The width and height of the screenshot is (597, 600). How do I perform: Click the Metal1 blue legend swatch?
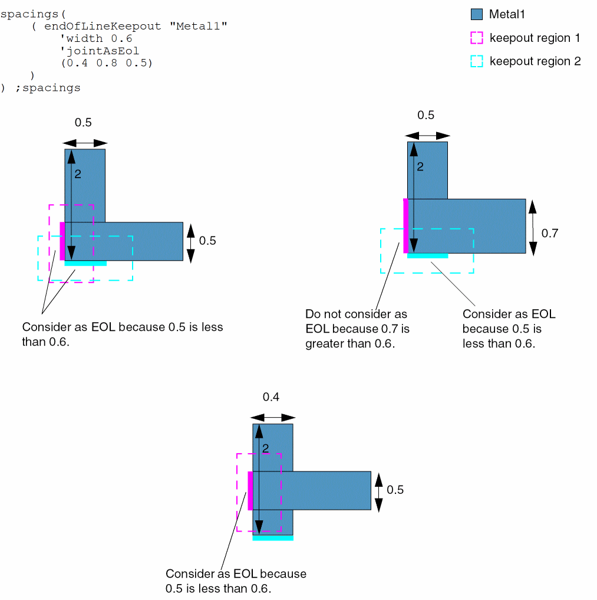477,15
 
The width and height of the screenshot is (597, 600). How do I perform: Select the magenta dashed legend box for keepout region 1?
477,38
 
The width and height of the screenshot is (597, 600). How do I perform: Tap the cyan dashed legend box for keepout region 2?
477,61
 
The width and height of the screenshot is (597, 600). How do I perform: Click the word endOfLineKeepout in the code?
102,27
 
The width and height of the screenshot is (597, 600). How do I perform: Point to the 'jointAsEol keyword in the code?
100,51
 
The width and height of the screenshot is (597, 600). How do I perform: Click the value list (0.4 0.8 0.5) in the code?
106,63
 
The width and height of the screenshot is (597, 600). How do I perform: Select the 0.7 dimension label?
549,233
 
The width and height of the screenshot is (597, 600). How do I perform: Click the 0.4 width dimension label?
271,397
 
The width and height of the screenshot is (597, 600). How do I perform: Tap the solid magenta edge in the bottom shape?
250,491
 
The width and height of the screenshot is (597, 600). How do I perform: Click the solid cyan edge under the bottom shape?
272,538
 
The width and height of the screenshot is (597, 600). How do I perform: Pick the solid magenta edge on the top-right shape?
405,227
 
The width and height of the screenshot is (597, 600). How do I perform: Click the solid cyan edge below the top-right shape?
427,255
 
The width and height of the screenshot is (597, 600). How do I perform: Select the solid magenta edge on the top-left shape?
62,241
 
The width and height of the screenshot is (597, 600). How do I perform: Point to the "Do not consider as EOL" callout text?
357,329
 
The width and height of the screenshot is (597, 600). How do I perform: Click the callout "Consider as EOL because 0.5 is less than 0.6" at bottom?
236,581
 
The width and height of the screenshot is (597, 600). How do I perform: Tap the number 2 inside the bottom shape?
265,449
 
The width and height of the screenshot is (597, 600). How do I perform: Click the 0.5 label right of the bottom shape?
395,490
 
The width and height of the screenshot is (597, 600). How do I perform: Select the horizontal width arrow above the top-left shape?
85,143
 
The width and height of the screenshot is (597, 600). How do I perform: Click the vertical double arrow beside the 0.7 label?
533,227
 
